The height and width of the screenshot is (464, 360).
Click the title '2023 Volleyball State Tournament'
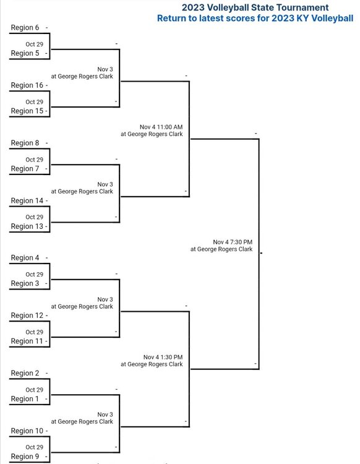pos(255,7)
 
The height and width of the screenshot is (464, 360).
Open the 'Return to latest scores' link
pos(255,19)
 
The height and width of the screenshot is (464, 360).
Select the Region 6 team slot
pos(25,27)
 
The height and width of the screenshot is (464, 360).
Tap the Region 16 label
pos(27,85)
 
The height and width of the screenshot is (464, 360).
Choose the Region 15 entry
pos(27,111)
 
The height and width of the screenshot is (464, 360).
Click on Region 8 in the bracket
pos(25,143)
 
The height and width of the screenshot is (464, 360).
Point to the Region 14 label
pos(27,200)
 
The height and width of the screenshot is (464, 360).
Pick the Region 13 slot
pos(27,226)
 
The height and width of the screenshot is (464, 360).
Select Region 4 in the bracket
pos(25,258)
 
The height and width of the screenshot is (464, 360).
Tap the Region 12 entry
pos(27,316)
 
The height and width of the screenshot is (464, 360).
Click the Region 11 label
pos(27,341)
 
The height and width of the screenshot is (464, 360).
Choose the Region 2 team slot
pos(25,373)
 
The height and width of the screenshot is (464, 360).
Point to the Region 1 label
pos(25,399)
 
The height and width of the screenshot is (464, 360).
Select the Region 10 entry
pos(27,431)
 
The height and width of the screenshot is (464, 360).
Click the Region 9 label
pos(25,457)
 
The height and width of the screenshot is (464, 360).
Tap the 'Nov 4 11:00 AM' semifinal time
pos(161,127)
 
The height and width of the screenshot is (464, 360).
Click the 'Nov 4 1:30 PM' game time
pos(163,357)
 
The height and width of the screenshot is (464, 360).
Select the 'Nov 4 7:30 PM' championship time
pos(233,242)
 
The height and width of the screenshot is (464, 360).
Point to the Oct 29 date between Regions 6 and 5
pos(34,45)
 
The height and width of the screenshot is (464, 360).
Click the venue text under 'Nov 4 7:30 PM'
pos(221,249)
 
